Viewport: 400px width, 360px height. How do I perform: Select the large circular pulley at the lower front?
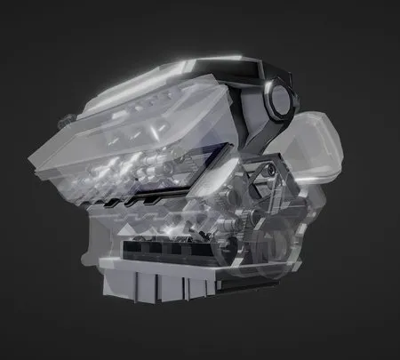click(x=276, y=240)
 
